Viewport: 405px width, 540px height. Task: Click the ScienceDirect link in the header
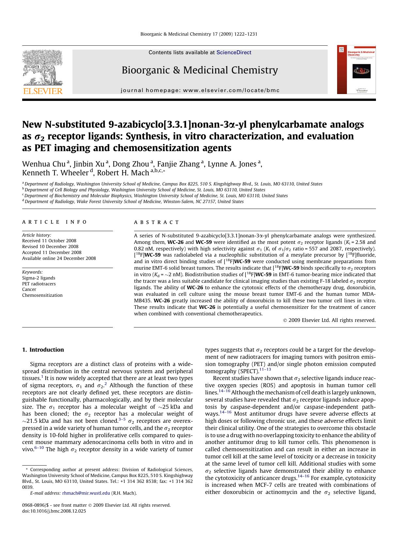tap(234, 52)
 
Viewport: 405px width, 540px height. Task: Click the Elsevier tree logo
tap(42, 67)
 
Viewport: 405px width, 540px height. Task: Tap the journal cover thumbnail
tap(356, 70)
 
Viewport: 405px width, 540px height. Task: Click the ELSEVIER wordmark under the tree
tap(42, 91)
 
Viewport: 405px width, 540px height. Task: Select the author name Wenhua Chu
tap(44, 164)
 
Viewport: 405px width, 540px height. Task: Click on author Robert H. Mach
tap(123, 173)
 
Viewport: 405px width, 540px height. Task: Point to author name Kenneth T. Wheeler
tap(55, 173)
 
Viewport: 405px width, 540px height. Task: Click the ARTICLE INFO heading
tap(55, 222)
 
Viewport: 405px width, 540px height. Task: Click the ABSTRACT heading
tap(157, 222)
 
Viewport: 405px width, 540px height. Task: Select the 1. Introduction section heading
tap(43, 350)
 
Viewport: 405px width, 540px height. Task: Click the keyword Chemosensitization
tap(42, 295)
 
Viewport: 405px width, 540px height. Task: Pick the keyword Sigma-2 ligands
tap(39, 278)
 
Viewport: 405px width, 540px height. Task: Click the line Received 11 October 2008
tap(49, 241)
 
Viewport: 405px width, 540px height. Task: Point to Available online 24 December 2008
tap(59, 258)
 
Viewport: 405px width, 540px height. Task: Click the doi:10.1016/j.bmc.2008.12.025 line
tap(54, 511)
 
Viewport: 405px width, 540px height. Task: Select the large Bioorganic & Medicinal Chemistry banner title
tap(200, 70)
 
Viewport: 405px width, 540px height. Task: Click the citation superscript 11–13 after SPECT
tap(265, 370)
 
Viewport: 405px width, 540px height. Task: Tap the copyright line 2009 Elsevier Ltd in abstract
tap(329, 320)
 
